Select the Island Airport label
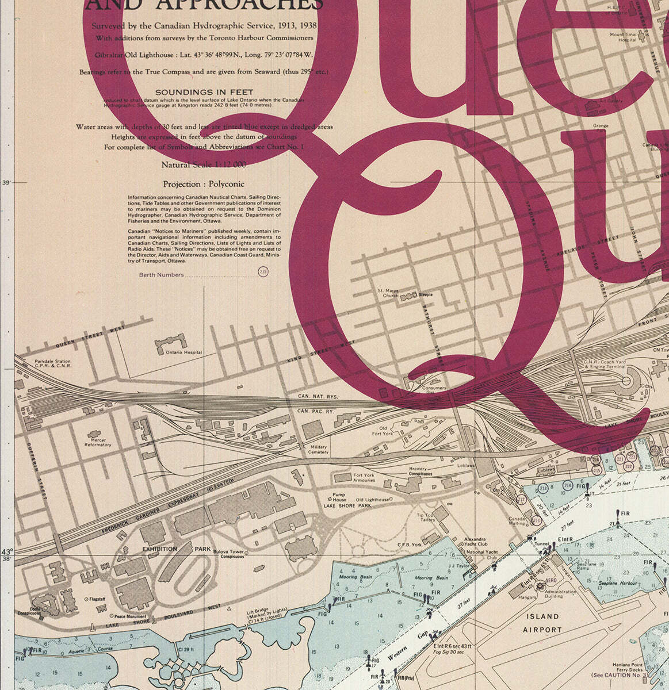tap(542, 623)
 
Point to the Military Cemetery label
tap(318, 449)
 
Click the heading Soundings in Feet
tap(204, 92)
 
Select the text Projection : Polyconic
tap(204, 185)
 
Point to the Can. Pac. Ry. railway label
tap(315, 412)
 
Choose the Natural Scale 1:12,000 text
tap(203, 164)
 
